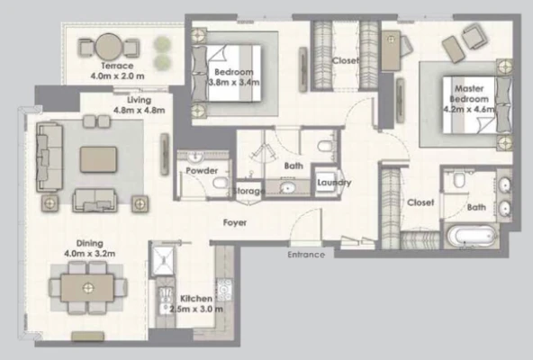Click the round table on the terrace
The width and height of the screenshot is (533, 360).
tap(108, 47)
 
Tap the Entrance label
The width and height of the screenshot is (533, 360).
tap(306, 255)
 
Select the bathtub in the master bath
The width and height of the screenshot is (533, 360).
tap(472, 236)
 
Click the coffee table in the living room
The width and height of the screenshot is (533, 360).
tap(98, 159)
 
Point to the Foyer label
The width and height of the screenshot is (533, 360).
tap(235, 222)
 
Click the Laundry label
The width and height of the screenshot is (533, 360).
tap(334, 183)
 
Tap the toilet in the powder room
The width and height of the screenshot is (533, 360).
tap(221, 183)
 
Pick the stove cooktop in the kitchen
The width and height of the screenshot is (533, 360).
tap(224, 290)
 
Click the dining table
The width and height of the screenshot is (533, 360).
tap(87, 288)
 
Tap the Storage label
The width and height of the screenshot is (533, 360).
tap(248, 191)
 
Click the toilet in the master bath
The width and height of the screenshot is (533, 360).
tap(459, 180)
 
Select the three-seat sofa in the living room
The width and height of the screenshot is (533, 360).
tap(50, 157)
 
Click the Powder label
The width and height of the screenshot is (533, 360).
tap(202, 171)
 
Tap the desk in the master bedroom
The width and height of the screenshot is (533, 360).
tap(391, 50)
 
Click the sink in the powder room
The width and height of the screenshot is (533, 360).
tap(195, 157)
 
